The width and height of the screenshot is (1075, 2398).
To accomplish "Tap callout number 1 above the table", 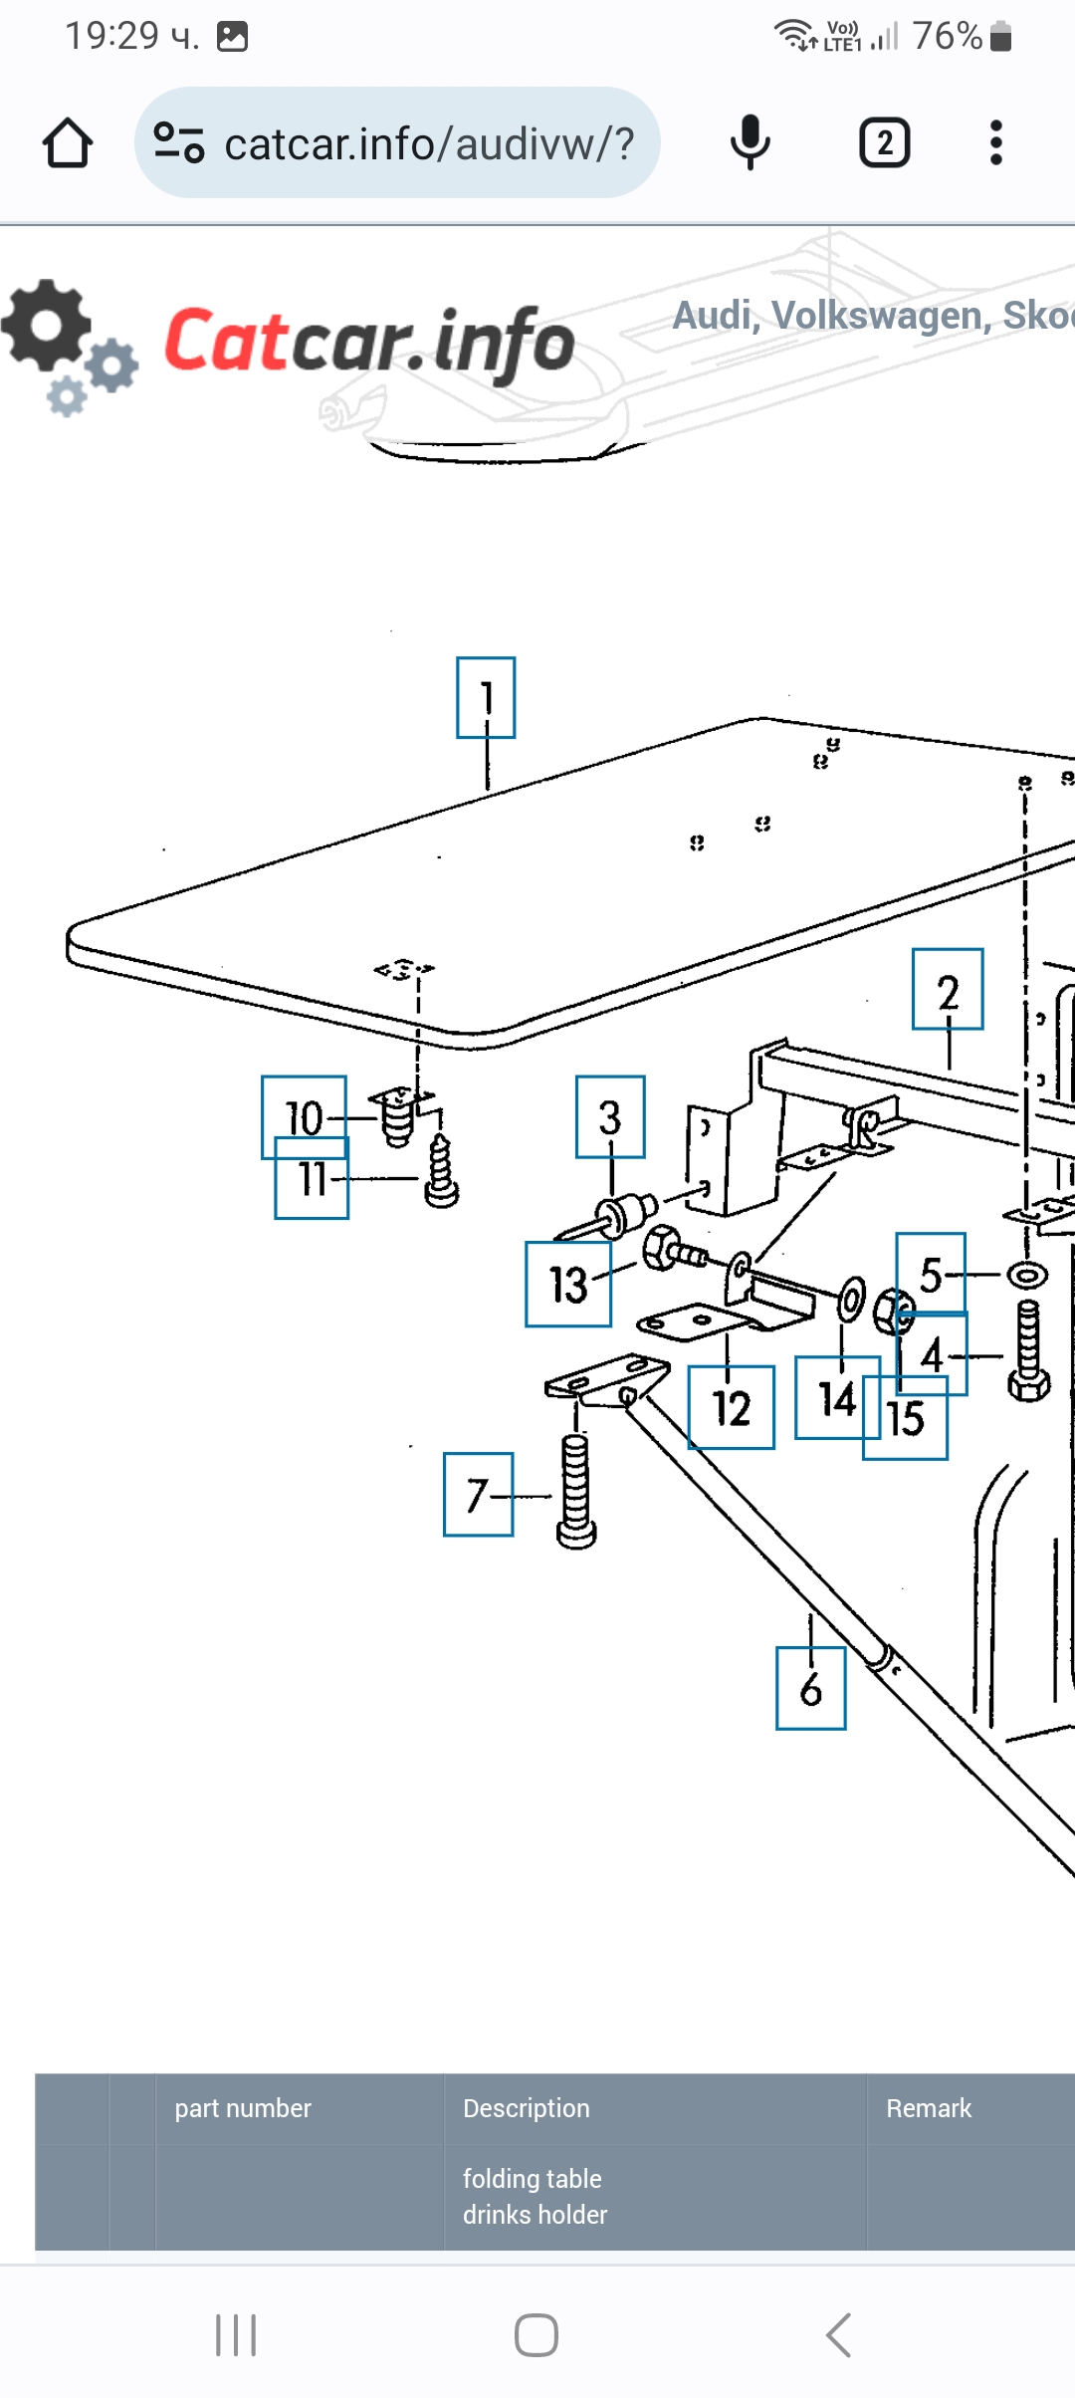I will pyautogui.click(x=486, y=697).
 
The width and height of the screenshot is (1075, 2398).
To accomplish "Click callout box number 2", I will pyautogui.click(x=948, y=989).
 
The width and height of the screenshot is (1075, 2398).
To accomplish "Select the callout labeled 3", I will pyautogui.click(x=610, y=1116).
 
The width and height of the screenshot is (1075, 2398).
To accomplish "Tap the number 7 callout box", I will pyautogui.click(x=478, y=1494).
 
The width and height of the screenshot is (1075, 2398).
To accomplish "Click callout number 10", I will pyautogui.click(x=304, y=1116).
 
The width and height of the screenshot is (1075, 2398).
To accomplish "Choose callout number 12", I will pyautogui.click(x=732, y=1407).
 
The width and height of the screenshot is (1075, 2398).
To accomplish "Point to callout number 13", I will pyautogui.click(x=568, y=1284).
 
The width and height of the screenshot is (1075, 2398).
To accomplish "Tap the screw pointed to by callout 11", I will pyautogui.click(x=441, y=1172).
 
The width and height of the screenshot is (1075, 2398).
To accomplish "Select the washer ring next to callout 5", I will pyautogui.click(x=1027, y=1275).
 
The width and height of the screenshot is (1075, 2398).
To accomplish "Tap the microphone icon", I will pyautogui.click(x=750, y=142).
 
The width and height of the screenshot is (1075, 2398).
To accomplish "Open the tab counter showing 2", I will pyautogui.click(x=884, y=142).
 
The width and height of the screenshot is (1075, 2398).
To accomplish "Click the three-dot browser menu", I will pyautogui.click(x=995, y=142).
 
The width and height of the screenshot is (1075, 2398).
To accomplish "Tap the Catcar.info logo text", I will pyautogui.click(x=369, y=342).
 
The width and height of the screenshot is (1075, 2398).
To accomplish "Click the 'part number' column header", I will pyautogui.click(x=243, y=2108).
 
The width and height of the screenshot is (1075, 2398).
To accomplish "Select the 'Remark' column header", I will pyautogui.click(x=929, y=2108).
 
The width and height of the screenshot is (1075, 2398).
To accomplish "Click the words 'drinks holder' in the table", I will pyautogui.click(x=535, y=2215).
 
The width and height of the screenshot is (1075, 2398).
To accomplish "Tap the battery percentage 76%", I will pyautogui.click(x=947, y=37).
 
